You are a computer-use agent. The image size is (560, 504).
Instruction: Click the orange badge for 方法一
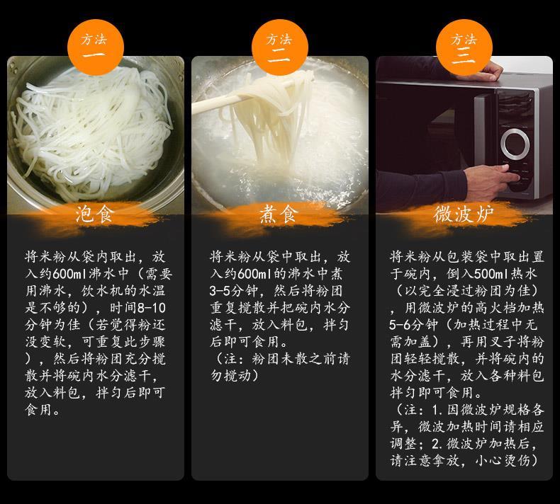tap(96, 47)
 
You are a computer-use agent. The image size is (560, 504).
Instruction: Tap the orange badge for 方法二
tap(279, 47)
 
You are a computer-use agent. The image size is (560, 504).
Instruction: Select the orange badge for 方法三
tap(464, 47)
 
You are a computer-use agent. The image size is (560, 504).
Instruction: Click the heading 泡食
tap(95, 214)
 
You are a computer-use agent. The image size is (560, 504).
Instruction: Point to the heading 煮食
tap(279, 214)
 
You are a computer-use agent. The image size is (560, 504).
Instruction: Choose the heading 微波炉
tap(464, 214)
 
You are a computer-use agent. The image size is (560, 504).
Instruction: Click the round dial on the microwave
tap(515, 144)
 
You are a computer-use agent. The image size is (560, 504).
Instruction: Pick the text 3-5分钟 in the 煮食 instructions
tap(235, 291)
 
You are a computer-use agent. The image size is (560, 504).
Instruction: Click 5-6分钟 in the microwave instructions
tap(413, 326)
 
